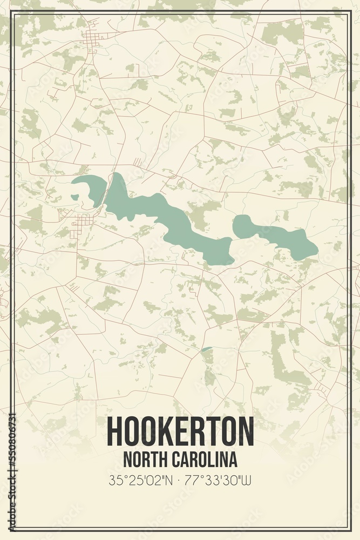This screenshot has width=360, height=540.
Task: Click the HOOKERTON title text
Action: [180, 430]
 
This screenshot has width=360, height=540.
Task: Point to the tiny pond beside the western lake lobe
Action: [74, 197]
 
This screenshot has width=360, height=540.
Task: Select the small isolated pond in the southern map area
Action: [207, 349]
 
